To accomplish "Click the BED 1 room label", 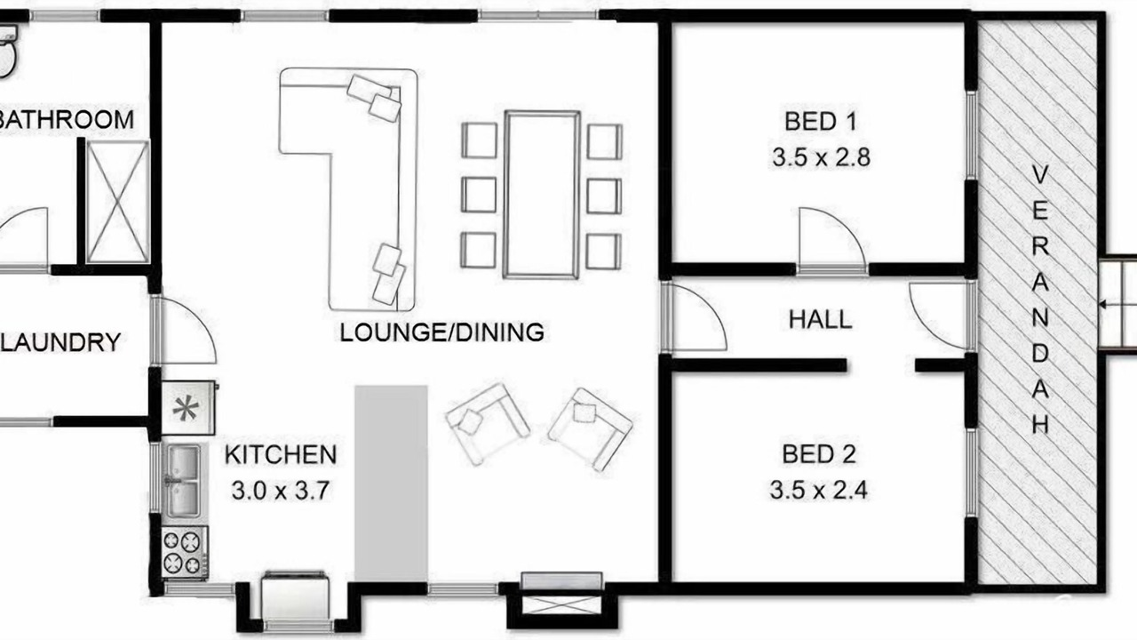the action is tap(821, 122).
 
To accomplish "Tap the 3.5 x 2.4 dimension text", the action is tap(818, 490).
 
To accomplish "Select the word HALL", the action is tap(820, 319).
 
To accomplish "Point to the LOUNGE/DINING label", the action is tap(441, 332).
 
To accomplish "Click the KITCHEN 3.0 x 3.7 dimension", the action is tap(280, 492).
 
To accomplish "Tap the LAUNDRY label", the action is tap(60, 342).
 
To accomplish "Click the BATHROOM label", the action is tap(66, 120).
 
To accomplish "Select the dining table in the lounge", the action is tap(542, 195).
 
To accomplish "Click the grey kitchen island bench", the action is tap(391, 483).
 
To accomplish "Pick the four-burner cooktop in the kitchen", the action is tap(185, 553).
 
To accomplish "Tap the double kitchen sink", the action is tap(184, 481).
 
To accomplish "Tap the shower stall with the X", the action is tap(118, 202).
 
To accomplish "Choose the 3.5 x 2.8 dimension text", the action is tap(822, 157).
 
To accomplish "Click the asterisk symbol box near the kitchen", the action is tap(187, 408).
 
